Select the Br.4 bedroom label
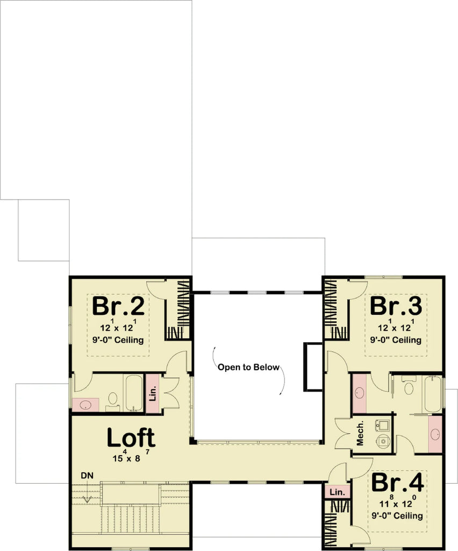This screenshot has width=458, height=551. point(397,482)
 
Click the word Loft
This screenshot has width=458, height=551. point(131,437)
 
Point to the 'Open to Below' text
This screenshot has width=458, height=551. point(248,368)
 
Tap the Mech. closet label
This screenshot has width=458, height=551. point(360,433)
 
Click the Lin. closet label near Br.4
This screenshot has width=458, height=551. point(337,492)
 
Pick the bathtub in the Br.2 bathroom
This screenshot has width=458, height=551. point(133,393)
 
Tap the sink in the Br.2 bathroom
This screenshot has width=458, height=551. point(85,404)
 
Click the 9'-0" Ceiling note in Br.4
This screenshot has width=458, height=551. point(397,515)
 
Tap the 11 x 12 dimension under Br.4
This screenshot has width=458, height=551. point(397,504)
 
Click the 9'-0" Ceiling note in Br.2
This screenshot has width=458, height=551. point(118,340)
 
